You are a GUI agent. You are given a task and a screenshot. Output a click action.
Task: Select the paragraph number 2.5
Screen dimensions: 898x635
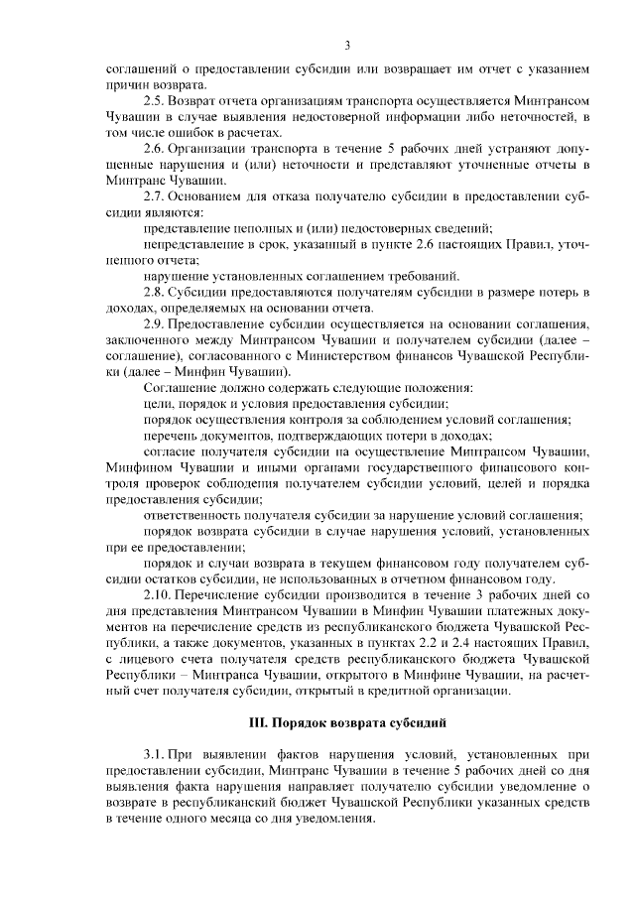(x=153, y=102)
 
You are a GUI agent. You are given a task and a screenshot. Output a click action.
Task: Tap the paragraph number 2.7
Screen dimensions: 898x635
(x=153, y=196)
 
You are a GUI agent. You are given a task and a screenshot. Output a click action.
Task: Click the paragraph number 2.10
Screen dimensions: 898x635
(x=156, y=594)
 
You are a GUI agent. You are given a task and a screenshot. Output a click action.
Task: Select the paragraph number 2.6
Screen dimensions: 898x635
(x=153, y=150)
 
